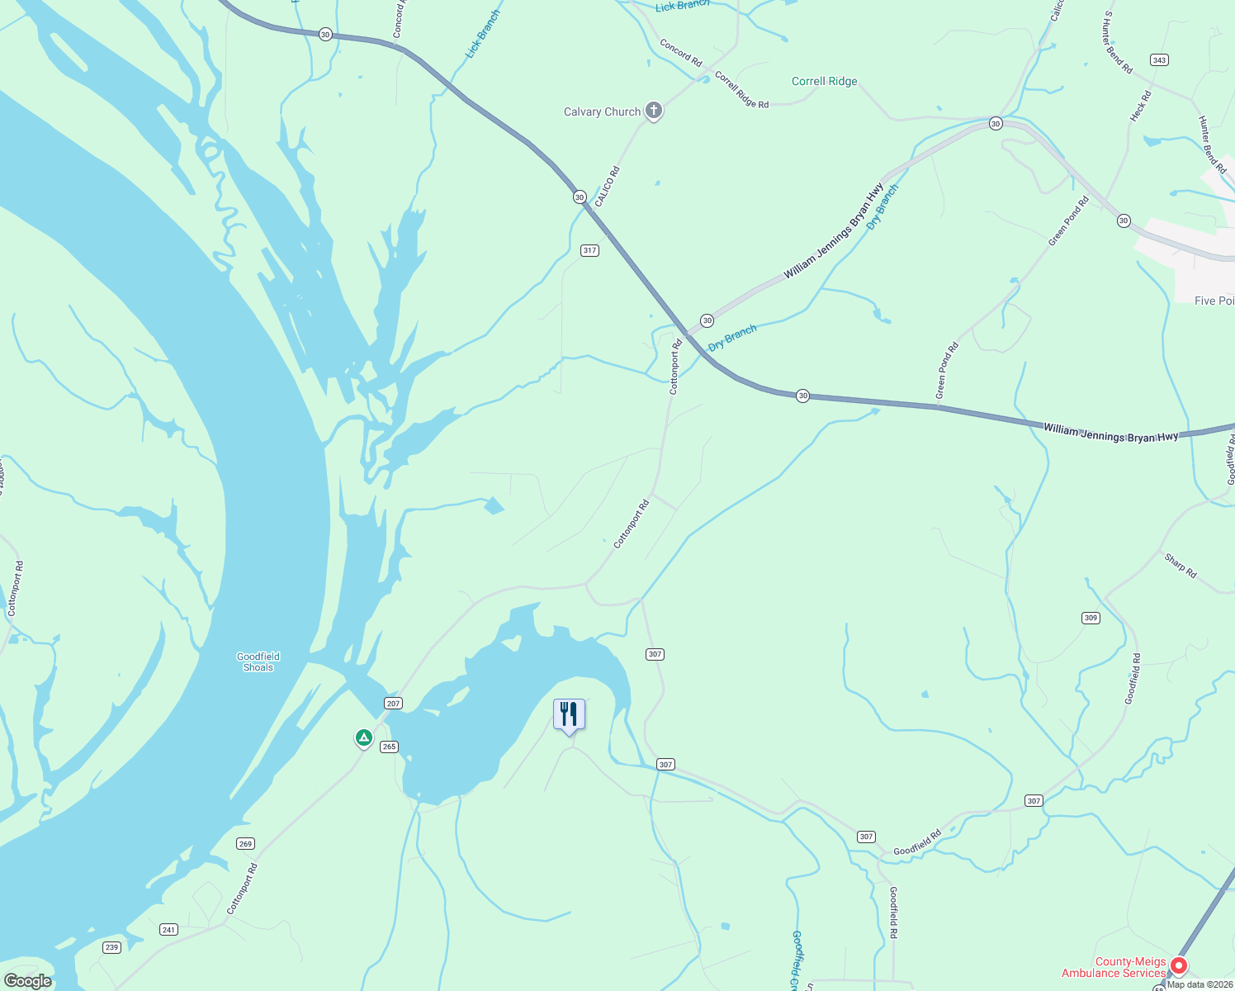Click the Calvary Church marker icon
click(x=653, y=111)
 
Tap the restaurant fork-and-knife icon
click(x=569, y=714)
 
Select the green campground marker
click(x=363, y=737)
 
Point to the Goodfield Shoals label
click(x=258, y=662)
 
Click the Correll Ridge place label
click(x=824, y=81)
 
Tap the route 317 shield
click(x=589, y=250)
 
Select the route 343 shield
click(x=1159, y=60)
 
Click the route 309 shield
click(x=1091, y=618)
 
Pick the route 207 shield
click(x=393, y=704)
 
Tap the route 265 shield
click(x=389, y=747)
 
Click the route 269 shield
click(x=245, y=843)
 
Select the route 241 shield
click(x=168, y=930)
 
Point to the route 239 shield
click(x=112, y=947)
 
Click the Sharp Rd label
click(x=1181, y=566)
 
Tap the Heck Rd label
click(x=1140, y=107)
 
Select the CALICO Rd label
click(x=608, y=187)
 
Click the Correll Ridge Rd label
click(x=741, y=90)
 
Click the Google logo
click(x=27, y=981)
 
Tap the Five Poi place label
click(x=1214, y=301)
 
